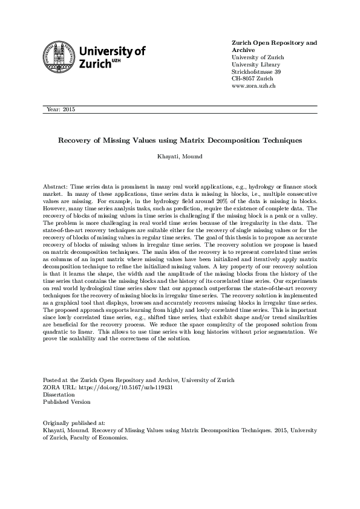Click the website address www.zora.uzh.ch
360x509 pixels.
(254, 86)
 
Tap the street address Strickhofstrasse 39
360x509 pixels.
(257, 72)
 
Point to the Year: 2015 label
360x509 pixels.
(60, 109)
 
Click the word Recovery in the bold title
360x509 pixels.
(73, 140)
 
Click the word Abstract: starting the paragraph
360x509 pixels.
(56, 188)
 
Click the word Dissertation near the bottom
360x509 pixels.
(59, 394)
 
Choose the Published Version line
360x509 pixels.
(67, 401)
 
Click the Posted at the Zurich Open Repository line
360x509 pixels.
(139, 380)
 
